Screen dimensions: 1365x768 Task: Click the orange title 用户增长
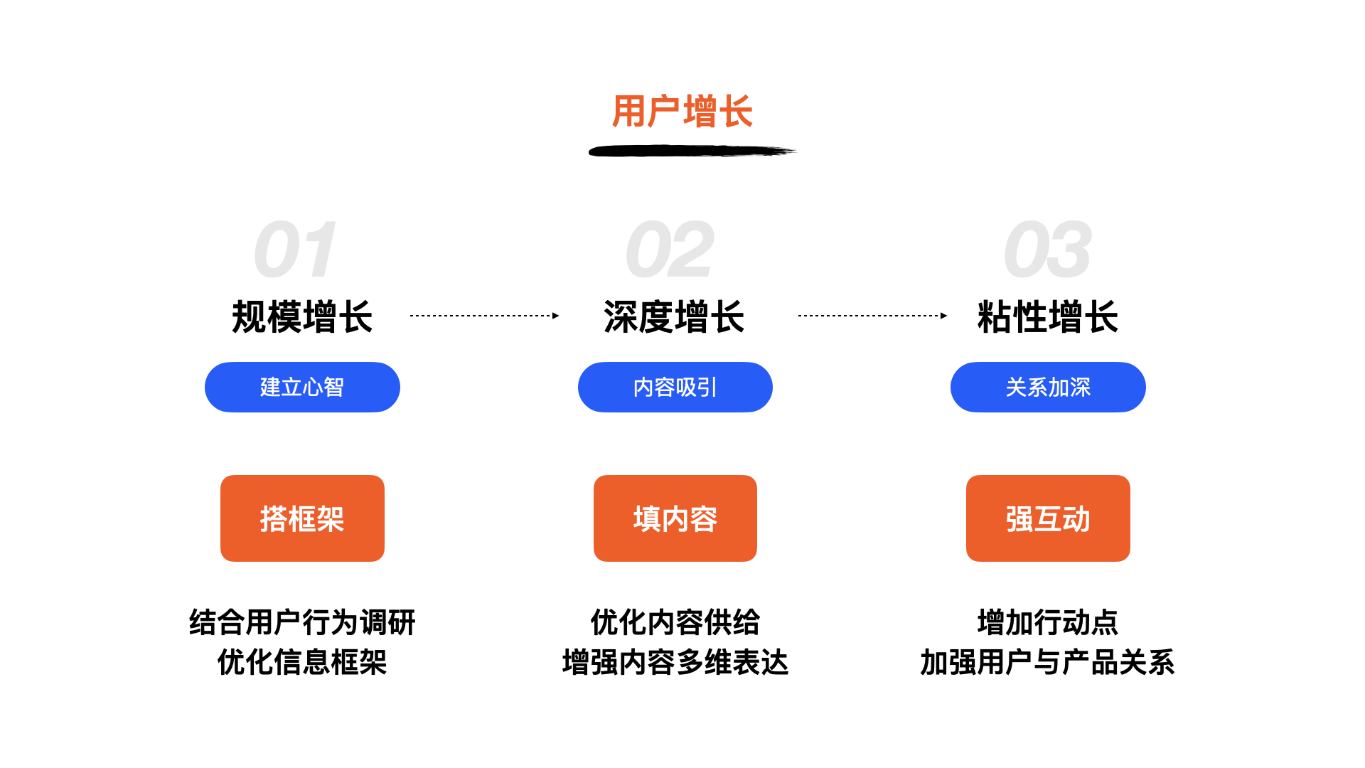coord(682,112)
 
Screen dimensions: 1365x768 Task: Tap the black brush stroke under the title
coord(692,151)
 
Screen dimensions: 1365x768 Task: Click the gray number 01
coord(294,250)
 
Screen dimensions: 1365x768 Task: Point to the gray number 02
coord(669,250)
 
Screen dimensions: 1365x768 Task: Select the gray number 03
coord(1047,250)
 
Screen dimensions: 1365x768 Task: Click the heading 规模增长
coord(302,316)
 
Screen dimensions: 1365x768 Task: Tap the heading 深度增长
coord(674,316)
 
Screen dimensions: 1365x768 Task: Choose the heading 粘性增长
coord(1048,316)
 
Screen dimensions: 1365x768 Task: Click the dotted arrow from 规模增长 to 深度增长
coord(485,316)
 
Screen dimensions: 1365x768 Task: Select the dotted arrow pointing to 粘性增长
coord(873,316)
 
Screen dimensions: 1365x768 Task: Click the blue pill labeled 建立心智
coord(302,387)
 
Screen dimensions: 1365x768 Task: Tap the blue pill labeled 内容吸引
coord(675,387)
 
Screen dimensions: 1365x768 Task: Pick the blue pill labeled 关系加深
coord(1048,387)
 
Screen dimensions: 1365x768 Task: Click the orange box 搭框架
coord(302,518)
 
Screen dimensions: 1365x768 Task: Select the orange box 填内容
coord(675,518)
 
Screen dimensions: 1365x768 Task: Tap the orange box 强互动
coord(1048,518)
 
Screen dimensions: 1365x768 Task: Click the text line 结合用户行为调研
coord(302,622)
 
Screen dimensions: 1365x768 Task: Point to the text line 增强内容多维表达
coord(675,662)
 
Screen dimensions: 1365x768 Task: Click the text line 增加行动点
coord(1048,622)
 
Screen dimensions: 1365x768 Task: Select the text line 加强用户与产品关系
coord(1048,662)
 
